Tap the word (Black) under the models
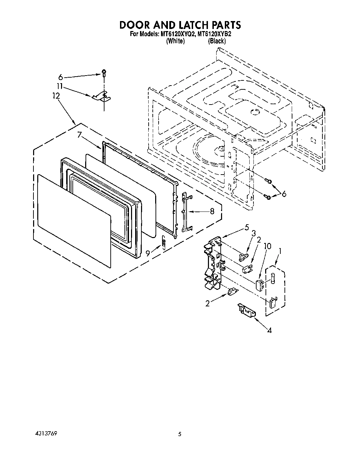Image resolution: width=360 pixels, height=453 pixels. click(217, 41)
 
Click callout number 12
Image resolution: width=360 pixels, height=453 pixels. click(56, 96)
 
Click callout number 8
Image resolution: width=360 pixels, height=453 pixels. click(212, 211)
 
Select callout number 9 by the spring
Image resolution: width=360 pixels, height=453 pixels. click(148, 254)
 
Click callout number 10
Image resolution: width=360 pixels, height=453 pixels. click(267, 246)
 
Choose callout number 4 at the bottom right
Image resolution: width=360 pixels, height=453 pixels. click(269, 330)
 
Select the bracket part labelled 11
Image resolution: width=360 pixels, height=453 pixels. click(102, 97)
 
